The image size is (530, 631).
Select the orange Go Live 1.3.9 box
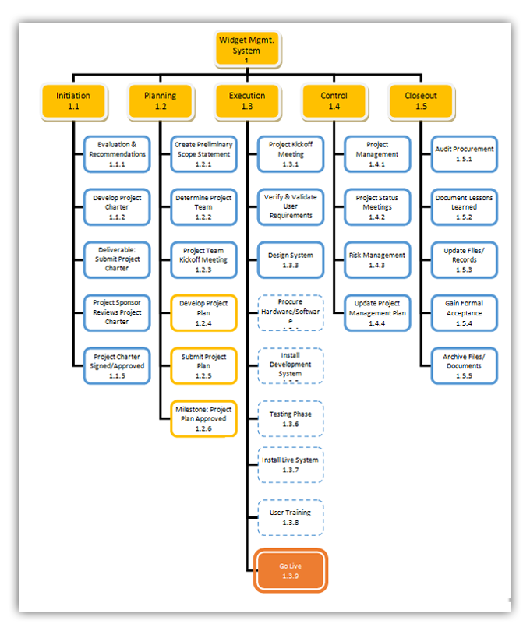(291, 571)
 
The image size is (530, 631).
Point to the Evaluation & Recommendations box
(117, 153)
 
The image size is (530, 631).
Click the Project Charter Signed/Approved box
(117, 366)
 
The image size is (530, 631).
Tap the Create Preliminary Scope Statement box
(203, 153)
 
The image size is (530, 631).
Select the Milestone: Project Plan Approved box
(203, 419)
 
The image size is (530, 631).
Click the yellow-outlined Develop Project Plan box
(203, 313)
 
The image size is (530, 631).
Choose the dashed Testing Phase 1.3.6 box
(291, 419)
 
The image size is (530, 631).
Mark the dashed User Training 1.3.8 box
(291, 517)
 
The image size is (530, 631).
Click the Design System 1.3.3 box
(291, 260)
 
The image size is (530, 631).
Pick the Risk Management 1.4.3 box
(377, 260)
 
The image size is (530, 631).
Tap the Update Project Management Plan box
(377, 313)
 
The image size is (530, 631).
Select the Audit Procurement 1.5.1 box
(465, 153)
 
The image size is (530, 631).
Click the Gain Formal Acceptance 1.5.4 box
(465, 313)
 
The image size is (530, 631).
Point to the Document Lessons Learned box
(465, 207)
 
